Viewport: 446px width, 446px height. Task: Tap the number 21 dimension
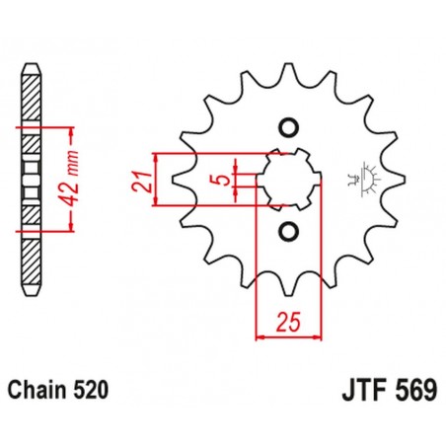point(142,181)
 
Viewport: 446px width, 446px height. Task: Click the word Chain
point(41,391)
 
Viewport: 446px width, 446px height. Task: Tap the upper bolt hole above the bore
point(288,126)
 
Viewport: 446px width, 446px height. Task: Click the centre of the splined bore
point(288,180)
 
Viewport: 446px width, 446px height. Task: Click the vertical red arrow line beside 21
point(156,180)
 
